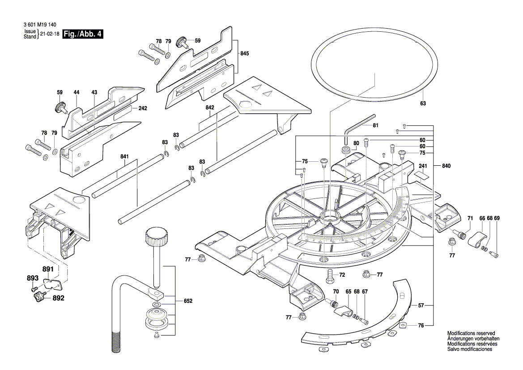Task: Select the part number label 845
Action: pyautogui.click(x=244, y=53)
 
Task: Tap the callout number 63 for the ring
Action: pyautogui.click(x=423, y=103)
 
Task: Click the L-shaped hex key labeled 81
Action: pyautogui.click(x=360, y=124)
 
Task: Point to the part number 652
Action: pyautogui.click(x=188, y=301)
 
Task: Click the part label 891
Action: pyautogui.click(x=48, y=269)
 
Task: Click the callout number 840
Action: pyautogui.click(x=446, y=166)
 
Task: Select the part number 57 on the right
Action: pyautogui.click(x=421, y=305)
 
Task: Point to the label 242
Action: pyautogui.click(x=143, y=108)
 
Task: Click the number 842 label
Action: pyautogui.click(x=210, y=108)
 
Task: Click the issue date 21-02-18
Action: pyautogui.click(x=50, y=34)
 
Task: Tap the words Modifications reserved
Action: pyautogui.click(x=471, y=334)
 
